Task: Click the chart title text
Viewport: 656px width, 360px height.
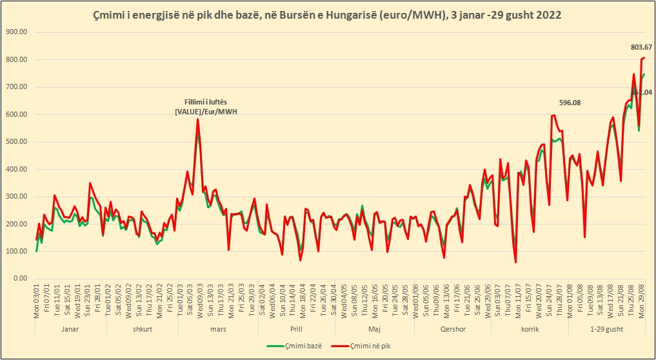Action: click(328, 14)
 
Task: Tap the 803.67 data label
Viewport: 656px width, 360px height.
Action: click(641, 46)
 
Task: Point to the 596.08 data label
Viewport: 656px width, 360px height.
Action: click(570, 103)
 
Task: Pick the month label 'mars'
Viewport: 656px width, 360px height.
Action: click(218, 329)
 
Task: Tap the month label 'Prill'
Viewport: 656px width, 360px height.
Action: click(296, 329)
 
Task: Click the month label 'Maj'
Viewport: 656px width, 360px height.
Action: click(375, 329)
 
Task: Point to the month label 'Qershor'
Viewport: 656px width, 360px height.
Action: click(452, 329)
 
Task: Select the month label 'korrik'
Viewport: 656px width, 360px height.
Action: click(530, 329)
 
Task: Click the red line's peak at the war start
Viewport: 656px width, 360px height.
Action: click(197, 119)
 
